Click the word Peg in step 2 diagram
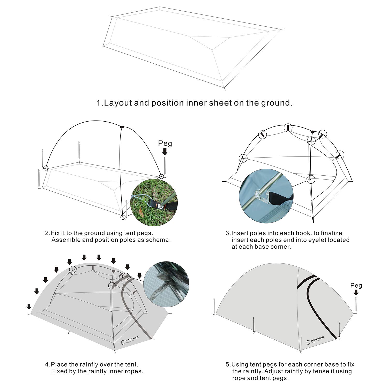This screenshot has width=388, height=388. [x=165, y=143]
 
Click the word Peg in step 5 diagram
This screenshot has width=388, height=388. [x=356, y=286]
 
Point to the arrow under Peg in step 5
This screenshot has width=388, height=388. [x=356, y=292]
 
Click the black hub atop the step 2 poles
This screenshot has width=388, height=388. [x=122, y=127]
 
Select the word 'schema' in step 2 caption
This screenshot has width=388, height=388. [x=158, y=240]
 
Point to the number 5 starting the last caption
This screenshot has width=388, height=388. [x=227, y=364]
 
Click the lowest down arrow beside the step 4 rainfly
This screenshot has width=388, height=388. [x=29, y=307]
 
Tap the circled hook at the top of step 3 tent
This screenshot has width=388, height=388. [x=288, y=128]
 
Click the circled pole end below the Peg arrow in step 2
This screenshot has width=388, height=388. [x=162, y=177]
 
